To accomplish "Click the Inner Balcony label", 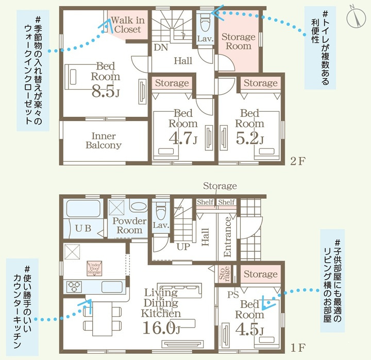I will [103, 141].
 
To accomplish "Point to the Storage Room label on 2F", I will [238, 41].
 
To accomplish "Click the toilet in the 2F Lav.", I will [205, 24].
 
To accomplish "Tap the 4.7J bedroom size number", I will [182, 138].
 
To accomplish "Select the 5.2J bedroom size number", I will [249, 138].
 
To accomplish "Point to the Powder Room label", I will [129, 226].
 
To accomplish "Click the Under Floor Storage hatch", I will [93, 269].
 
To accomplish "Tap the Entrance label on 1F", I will [227, 237].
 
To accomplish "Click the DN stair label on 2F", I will [160, 47].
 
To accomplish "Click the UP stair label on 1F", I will [183, 247].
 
